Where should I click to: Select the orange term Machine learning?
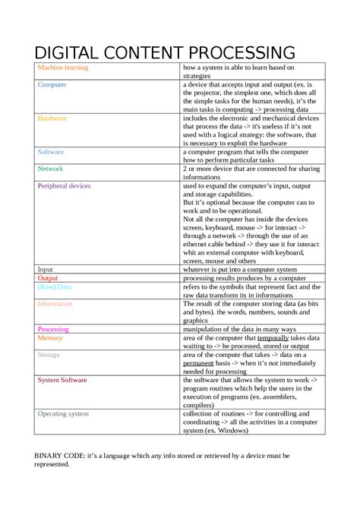click(x=63, y=68)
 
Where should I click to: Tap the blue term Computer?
click(x=52, y=85)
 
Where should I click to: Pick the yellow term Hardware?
click(x=52, y=119)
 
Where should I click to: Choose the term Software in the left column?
click(x=51, y=152)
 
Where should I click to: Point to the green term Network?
click(x=50, y=169)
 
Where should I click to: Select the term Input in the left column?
click(x=46, y=269)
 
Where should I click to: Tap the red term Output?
click(x=48, y=278)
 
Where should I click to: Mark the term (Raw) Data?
click(x=54, y=287)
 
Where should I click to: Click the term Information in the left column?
click(x=55, y=304)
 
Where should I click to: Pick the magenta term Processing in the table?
click(x=53, y=329)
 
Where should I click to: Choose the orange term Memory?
click(x=50, y=337)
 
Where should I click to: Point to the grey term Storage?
click(x=49, y=355)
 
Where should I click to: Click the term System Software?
click(x=62, y=380)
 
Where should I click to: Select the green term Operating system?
click(x=63, y=414)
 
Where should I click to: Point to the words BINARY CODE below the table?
click(x=62, y=455)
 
